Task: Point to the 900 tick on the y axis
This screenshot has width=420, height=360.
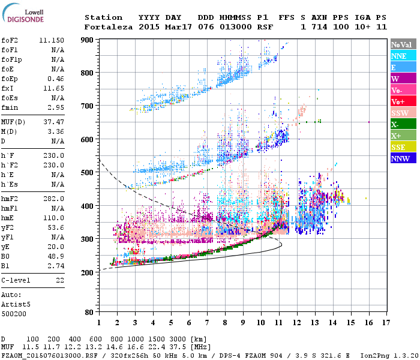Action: [x=88, y=40]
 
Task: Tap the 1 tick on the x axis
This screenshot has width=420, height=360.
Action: [x=99, y=323]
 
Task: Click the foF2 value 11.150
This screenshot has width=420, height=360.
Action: [x=52, y=40]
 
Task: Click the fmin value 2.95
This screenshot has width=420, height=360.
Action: [x=56, y=106]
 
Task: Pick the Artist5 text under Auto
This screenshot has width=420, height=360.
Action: [x=16, y=304]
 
